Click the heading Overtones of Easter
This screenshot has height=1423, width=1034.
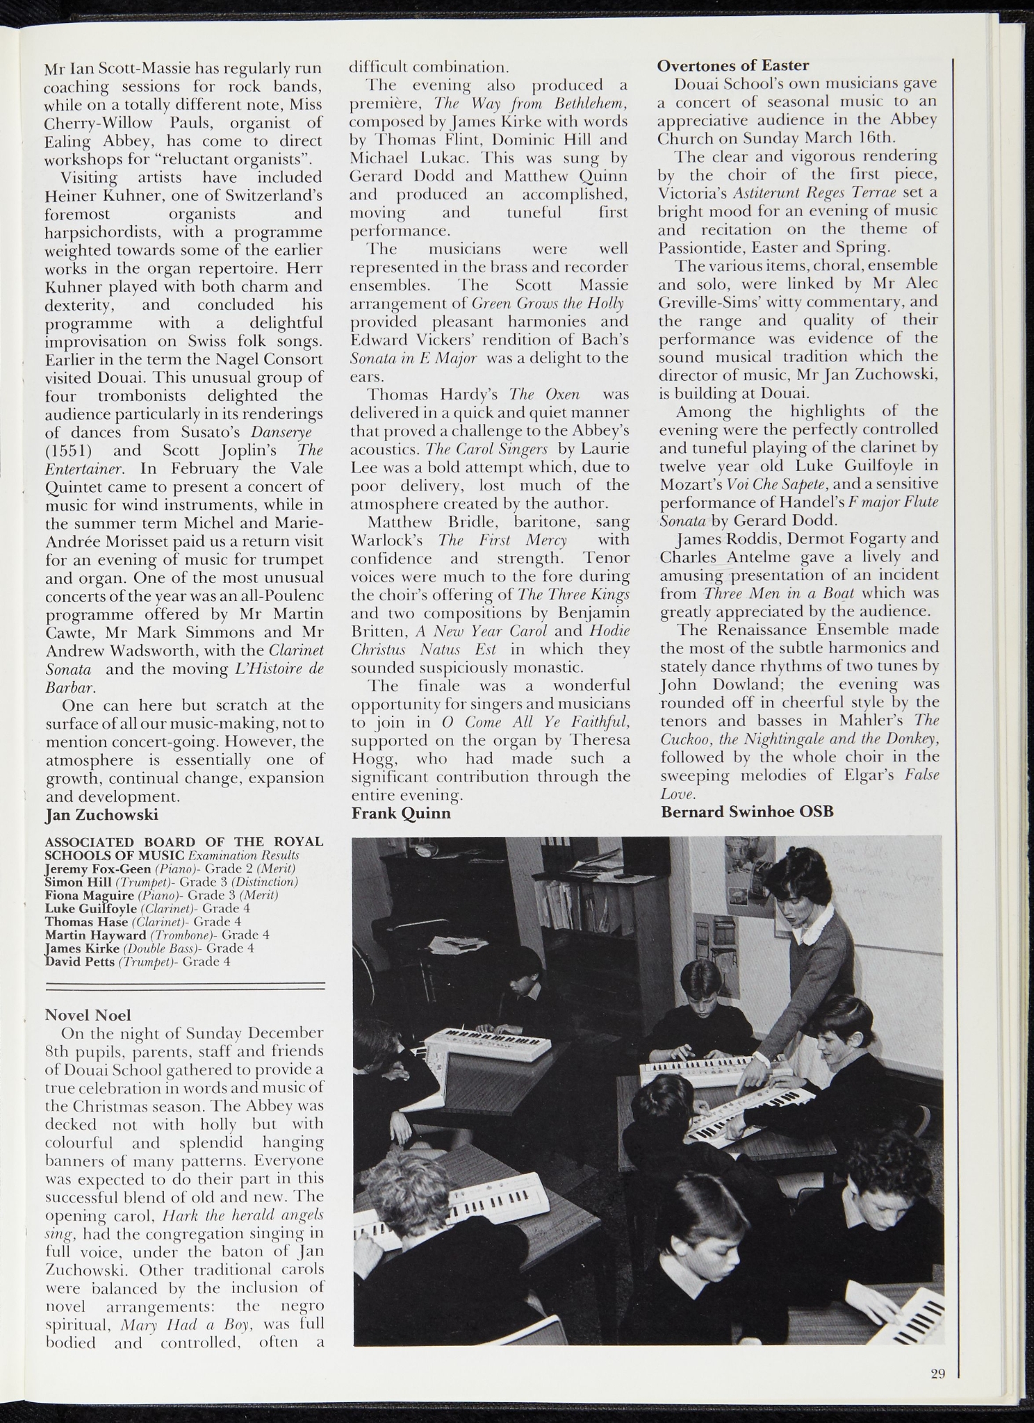click(x=733, y=66)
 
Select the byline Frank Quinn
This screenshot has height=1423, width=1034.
click(x=401, y=813)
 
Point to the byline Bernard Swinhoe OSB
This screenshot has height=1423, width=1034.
click(x=747, y=811)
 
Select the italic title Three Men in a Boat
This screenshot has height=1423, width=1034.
click(x=779, y=593)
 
